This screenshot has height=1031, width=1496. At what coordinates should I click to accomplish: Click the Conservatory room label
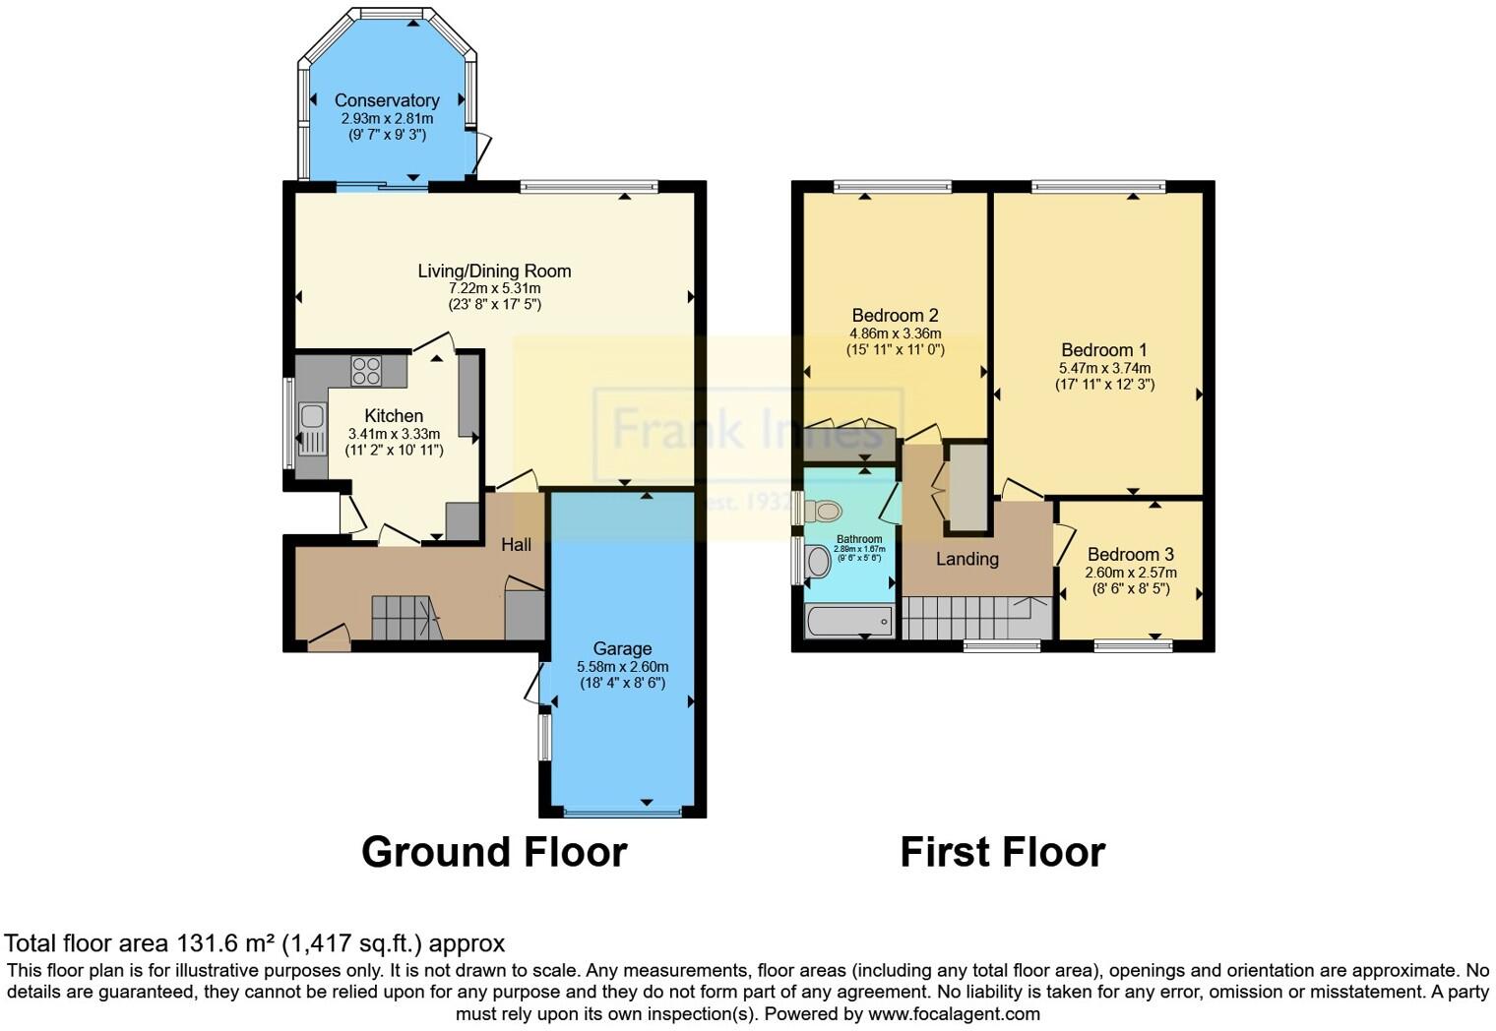tap(386, 100)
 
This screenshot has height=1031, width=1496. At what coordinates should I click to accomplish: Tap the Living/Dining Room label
tap(494, 271)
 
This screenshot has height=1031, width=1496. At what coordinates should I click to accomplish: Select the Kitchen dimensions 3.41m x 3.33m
tap(394, 433)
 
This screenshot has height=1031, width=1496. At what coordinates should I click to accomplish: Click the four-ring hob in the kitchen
tap(366, 371)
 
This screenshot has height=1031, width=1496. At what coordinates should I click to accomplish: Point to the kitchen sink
tap(312, 429)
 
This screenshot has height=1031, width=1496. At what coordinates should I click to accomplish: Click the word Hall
tap(516, 544)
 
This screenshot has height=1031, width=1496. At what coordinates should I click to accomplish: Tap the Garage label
tap(622, 648)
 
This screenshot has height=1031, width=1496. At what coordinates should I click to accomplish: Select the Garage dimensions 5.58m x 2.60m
tap(622, 666)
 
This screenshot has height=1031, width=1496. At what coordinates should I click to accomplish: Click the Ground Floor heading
tap(494, 851)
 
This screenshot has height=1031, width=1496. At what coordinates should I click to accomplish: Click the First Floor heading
tap(1002, 851)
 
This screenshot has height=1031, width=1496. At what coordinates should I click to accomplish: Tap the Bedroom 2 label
tap(895, 315)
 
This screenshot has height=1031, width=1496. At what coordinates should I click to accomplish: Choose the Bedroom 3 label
tap(1130, 554)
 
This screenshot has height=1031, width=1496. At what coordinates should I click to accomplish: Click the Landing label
tap(966, 559)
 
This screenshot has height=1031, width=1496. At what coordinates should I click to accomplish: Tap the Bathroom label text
tap(859, 539)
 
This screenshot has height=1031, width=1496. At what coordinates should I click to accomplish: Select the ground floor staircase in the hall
tap(405, 617)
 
